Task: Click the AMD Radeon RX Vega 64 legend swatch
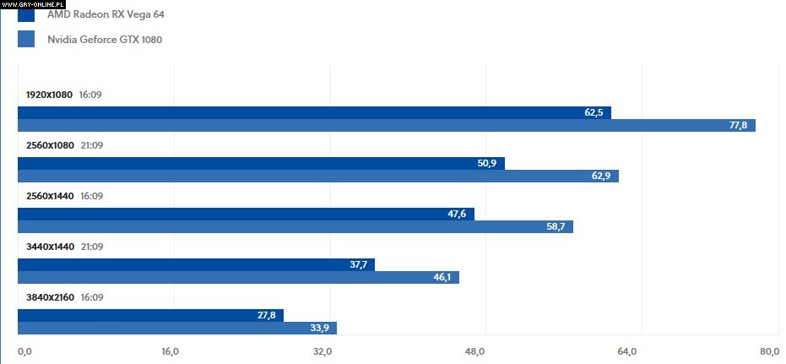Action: coord(26,14)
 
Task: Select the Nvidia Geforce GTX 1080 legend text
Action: coord(105,39)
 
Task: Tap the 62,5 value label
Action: coord(594,112)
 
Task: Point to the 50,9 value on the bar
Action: coord(487,163)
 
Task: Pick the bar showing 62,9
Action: coord(317,176)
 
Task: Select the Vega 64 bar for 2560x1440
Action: coord(246,214)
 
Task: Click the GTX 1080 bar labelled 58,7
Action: coord(295,226)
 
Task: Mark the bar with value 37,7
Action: coord(196,264)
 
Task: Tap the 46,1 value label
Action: coord(442,277)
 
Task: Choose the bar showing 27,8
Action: coord(150,315)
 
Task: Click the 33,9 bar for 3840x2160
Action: coord(177,328)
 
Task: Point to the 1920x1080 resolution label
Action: coord(50,95)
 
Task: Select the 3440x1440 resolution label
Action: coord(50,247)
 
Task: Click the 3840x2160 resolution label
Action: coord(50,297)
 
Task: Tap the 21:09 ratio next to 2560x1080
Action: coord(91,145)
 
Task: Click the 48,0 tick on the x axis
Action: coord(475,351)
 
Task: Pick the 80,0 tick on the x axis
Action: coord(769,351)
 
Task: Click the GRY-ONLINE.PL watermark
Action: coord(33,3)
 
